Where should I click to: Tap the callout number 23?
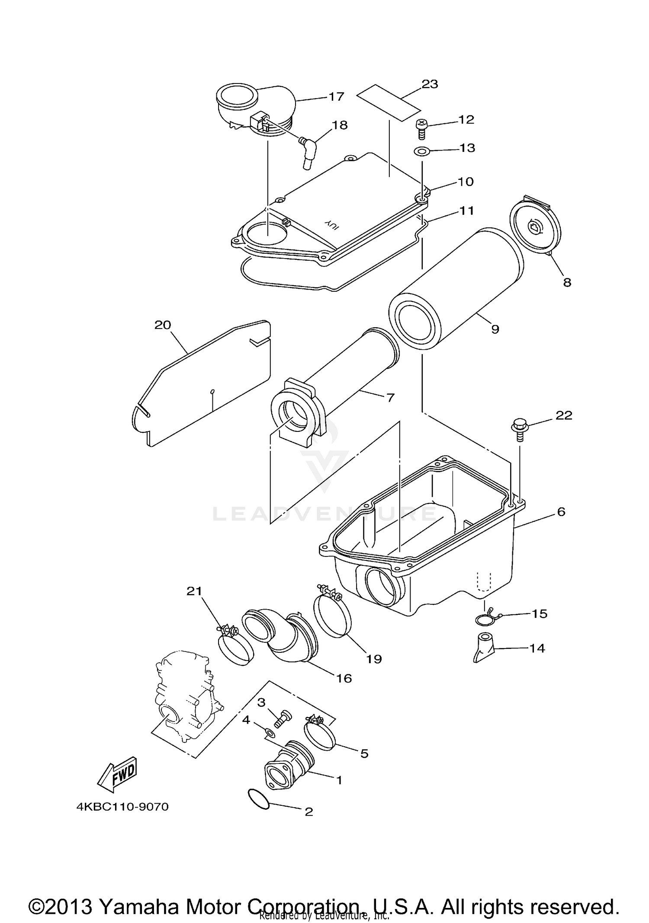[429, 84]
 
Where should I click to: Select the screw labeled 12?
[421, 129]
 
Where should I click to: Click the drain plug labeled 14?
[485, 648]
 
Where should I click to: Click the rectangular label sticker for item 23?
[388, 102]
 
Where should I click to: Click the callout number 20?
[163, 325]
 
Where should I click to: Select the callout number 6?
[561, 512]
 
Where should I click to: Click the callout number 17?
[336, 96]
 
